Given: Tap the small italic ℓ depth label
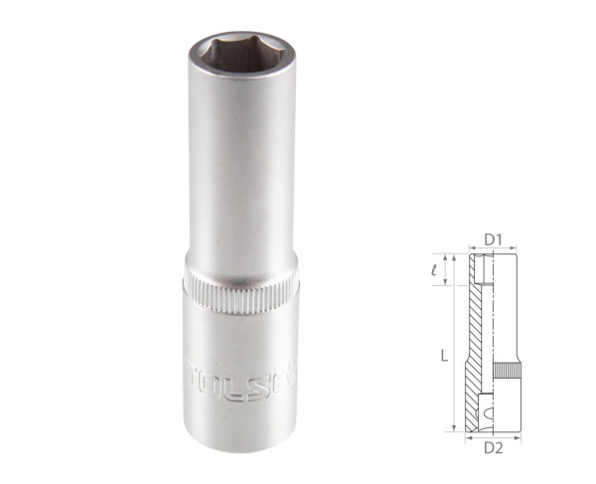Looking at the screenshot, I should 447,267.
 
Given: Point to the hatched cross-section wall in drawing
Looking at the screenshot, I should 477,338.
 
